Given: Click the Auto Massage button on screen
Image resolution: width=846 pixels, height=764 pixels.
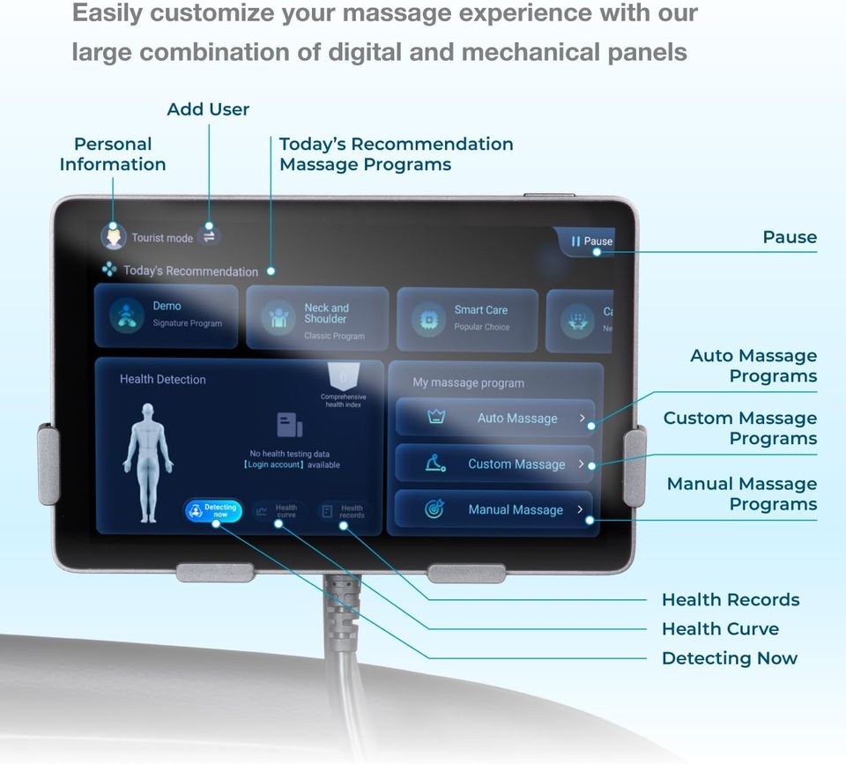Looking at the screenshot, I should click(495, 419).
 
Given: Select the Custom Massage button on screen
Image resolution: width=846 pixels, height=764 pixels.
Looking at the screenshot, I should click(494, 464).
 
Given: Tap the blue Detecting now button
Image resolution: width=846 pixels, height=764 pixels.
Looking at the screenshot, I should click(213, 510).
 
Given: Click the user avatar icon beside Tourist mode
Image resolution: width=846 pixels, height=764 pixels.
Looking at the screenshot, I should click(114, 236).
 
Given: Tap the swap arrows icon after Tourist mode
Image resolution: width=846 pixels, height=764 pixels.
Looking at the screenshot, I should click(210, 235).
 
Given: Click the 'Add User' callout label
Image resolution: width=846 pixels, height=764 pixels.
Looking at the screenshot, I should click(208, 109).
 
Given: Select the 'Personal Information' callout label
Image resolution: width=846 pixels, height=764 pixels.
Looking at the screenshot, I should click(113, 154).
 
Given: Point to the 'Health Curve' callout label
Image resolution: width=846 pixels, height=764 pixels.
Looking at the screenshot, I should click(720, 629).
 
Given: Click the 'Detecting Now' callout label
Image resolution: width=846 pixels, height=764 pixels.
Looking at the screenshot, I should click(729, 658).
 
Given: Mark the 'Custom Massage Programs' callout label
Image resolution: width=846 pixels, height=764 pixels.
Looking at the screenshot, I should click(739, 428).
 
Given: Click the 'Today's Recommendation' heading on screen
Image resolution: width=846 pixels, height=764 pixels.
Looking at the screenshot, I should click(190, 271).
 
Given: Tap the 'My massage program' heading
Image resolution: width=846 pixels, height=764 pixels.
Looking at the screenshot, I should click(468, 383).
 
